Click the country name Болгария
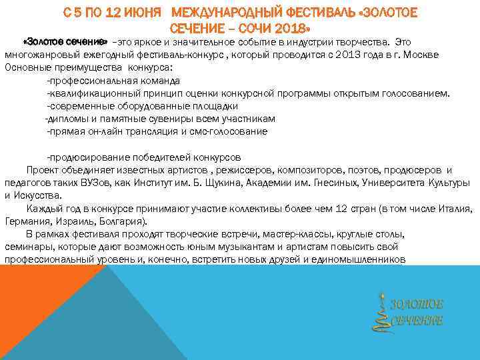[121, 221]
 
